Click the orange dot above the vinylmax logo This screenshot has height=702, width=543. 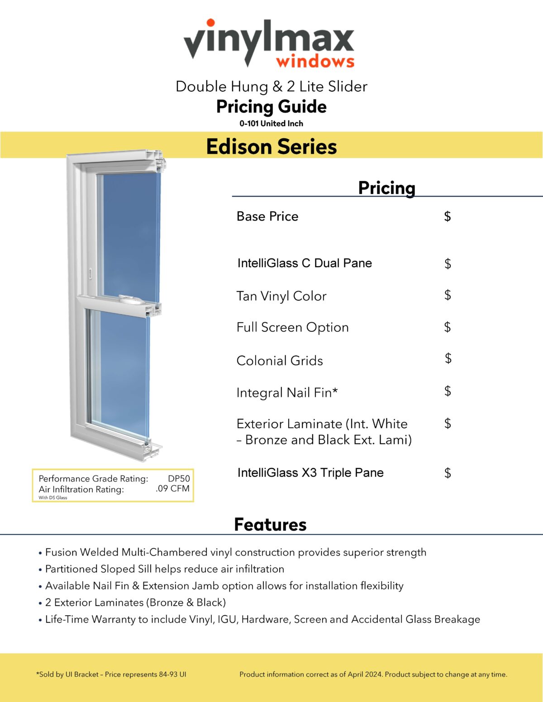tap(210, 23)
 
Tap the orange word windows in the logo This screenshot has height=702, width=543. tap(315, 61)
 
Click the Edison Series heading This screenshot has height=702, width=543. tap(271, 146)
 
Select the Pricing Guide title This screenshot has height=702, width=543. tap(271, 107)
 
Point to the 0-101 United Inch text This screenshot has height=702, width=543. tap(271, 123)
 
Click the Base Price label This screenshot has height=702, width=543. tap(267, 217)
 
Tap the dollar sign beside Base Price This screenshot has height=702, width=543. tap(447, 217)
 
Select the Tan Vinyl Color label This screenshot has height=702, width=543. tap(281, 296)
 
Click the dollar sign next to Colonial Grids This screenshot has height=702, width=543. tap(448, 358)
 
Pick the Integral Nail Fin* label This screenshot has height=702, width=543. tap(287, 392)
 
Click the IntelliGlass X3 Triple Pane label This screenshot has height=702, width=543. tap(310, 473)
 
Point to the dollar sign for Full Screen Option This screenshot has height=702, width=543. tap(448, 327)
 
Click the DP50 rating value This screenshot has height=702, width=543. tap(179, 478)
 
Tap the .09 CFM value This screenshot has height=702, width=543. tap(172, 489)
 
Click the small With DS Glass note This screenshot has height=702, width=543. tap(53, 498)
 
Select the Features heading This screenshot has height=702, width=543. tap(270, 524)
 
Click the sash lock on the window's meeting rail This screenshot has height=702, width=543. tap(130, 299)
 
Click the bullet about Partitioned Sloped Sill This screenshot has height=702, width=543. tap(165, 569)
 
